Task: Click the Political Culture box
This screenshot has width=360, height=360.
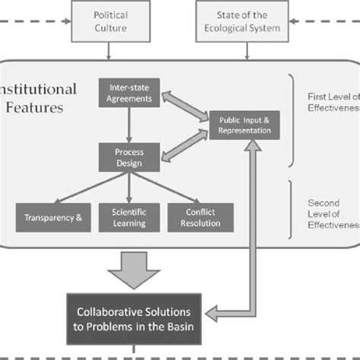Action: [109, 20]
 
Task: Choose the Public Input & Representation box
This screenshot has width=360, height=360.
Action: [245, 124]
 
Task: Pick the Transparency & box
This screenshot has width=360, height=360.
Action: [52, 216]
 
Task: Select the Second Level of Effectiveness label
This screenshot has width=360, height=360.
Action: [333, 214]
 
